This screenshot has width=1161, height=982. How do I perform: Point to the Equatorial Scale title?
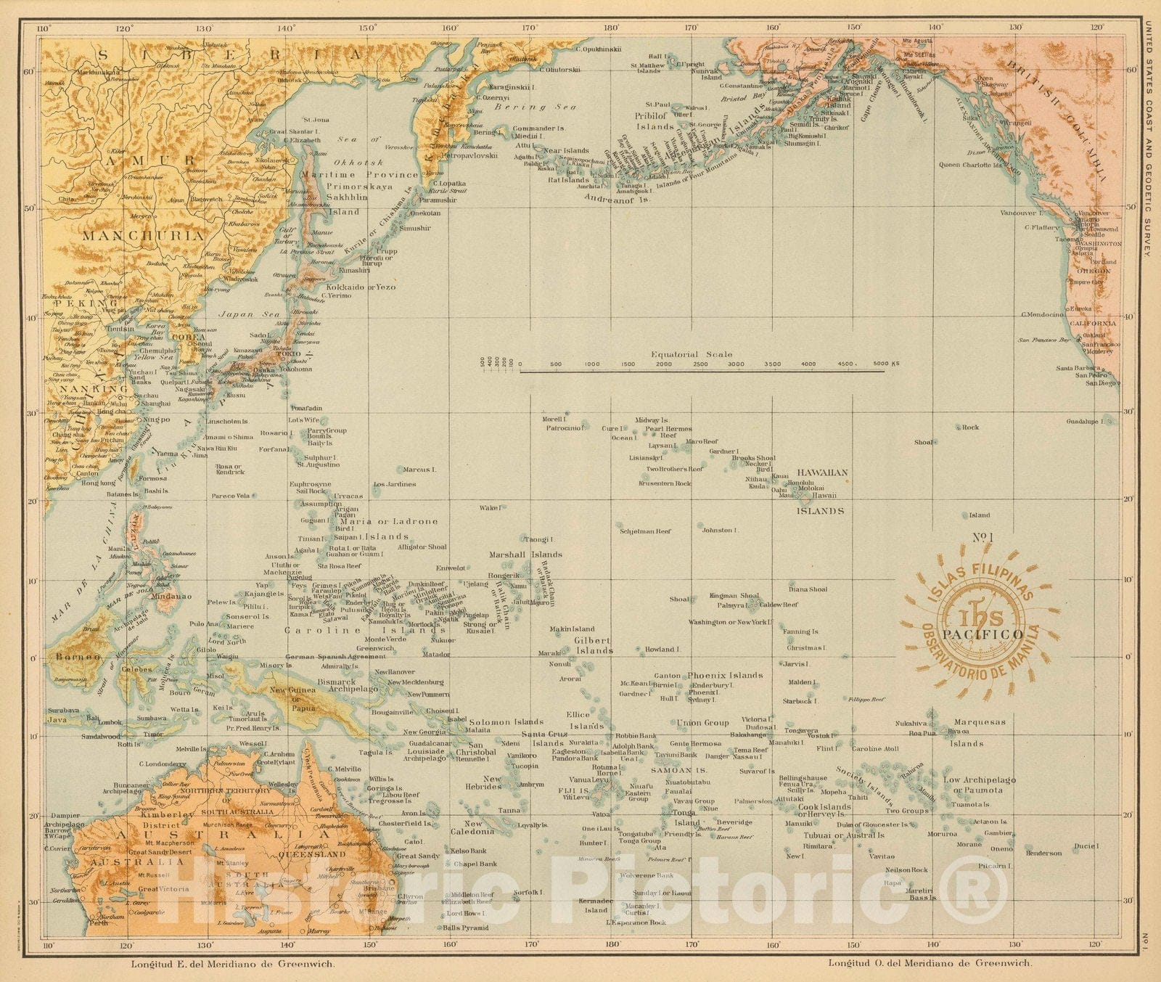[x=691, y=355]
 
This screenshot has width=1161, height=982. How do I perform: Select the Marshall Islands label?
[x=526, y=555]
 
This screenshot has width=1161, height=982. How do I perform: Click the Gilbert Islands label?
[x=594, y=646]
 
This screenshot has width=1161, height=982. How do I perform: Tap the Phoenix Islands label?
[x=725, y=675]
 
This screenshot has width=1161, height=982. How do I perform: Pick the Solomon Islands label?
[x=506, y=722]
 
